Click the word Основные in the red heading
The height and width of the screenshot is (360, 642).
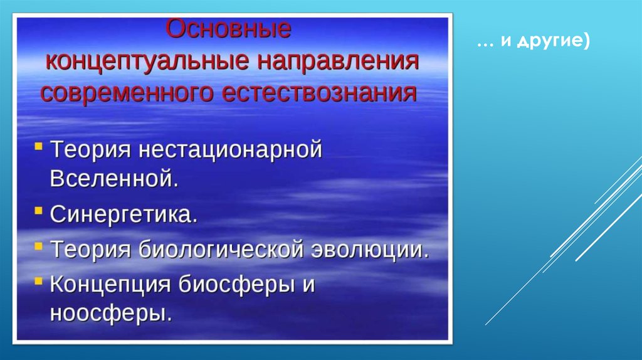click(228, 29)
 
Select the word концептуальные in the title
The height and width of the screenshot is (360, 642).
click(147, 61)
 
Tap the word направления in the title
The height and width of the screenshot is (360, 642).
click(338, 61)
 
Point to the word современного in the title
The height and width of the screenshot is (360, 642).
click(127, 93)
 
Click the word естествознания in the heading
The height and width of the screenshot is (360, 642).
click(319, 93)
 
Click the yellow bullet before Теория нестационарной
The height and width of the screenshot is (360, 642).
click(38, 146)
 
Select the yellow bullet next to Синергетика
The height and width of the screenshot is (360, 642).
click(38, 211)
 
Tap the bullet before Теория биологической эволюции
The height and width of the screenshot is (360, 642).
click(38, 246)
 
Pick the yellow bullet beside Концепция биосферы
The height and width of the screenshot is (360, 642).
click(38, 281)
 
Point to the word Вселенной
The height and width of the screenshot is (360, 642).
click(114, 178)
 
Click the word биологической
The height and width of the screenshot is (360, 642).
click(221, 250)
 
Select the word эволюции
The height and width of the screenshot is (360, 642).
click(370, 250)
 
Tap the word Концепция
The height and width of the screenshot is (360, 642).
click(110, 284)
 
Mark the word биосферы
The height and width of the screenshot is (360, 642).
click(236, 284)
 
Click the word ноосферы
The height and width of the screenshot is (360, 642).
click(111, 314)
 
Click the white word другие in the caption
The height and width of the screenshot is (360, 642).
click(549, 42)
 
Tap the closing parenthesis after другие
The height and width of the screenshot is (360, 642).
click(586, 41)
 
